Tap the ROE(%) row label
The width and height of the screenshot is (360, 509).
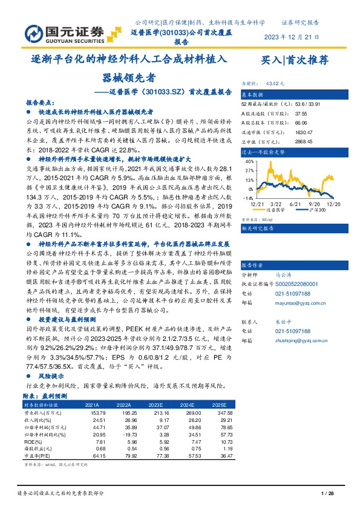[x=33, y=443]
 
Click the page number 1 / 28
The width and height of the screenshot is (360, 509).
[x=327, y=494]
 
